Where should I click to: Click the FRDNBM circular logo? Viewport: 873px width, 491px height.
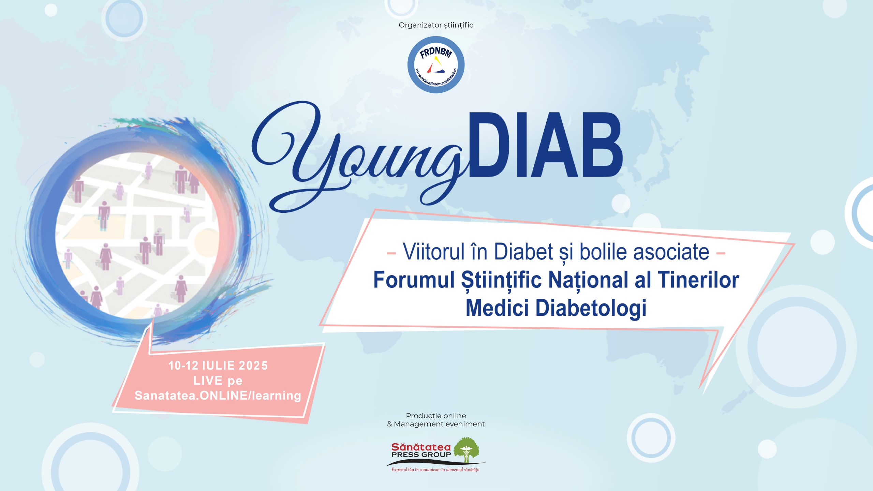pyautogui.click(x=436, y=65)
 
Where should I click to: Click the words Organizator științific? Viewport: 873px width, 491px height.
pyautogui.click(x=436, y=25)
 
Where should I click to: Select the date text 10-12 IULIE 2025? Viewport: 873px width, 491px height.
pyautogui.click(x=218, y=366)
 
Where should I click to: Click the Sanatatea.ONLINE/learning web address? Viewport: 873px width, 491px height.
pyautogui.click(x=218, y=396)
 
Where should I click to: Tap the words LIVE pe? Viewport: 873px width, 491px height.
pyautogui.click(x=218, y=381)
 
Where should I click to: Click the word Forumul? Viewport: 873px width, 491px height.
pyautogui.click(x=414, y=280)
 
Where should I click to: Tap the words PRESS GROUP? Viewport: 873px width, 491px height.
pyautogui.click(x=421, y=455)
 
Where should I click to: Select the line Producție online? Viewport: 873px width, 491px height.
pyautogui.click(x=436, y=416)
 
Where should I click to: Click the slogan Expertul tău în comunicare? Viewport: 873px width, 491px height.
pyautogui.click(x=435, y=470)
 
